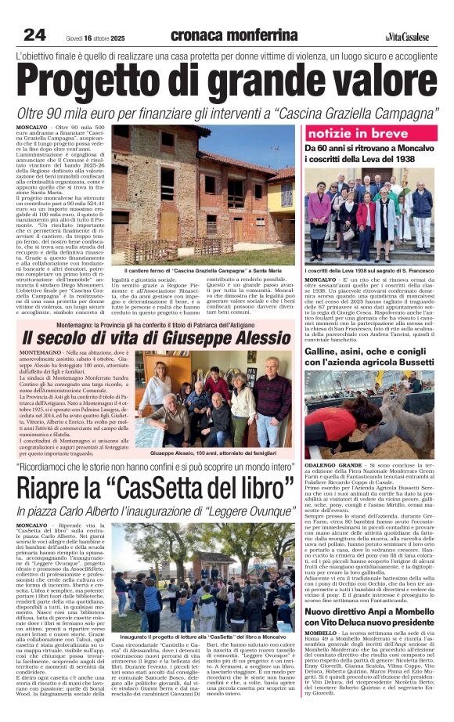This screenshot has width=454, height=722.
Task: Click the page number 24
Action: (34, 34)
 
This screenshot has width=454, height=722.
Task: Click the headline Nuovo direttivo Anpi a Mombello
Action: (368, 617)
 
